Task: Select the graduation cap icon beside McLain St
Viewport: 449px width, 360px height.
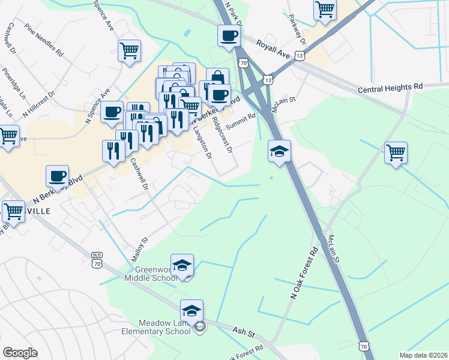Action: coord(279,151)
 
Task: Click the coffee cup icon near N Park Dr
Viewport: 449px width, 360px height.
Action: coord(228,36)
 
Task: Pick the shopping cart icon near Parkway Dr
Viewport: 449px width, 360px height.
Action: coord(325,10)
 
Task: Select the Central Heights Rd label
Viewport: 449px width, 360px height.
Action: coord(390,88)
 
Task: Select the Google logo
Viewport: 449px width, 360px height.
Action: coord(19,353)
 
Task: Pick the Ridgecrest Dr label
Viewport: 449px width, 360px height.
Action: coord(222,136)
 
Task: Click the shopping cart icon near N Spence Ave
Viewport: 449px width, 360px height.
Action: coord(129,51)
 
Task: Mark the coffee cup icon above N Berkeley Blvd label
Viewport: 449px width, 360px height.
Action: coord(57,176)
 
